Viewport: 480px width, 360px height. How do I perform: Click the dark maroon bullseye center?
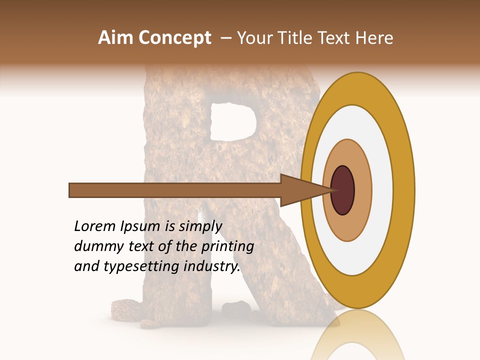pos(343,190)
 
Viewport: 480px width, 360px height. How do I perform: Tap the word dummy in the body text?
pos(95,246)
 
